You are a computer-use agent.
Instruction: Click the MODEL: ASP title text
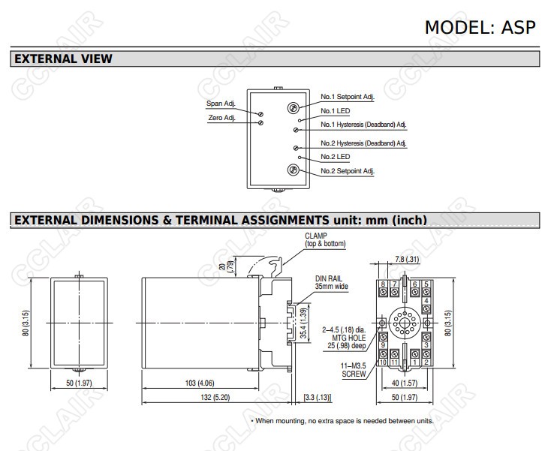click(480, 26)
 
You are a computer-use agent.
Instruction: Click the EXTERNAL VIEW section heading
click(63, 59)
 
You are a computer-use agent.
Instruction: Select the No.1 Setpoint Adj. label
click(347, 97)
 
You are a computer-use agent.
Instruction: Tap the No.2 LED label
click(335, 157)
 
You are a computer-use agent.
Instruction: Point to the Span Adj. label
click(221, 104)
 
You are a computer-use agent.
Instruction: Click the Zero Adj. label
click(221, 118)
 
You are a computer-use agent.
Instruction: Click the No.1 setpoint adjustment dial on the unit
click(294, 108)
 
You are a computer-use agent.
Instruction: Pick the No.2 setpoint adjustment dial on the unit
click(294, 170)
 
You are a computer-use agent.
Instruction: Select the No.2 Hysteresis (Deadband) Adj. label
click(363, 143)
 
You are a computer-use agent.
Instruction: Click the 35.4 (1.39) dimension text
click(303, 323)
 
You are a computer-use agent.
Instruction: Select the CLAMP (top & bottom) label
click(325, 239)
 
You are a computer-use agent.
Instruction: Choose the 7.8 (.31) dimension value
click(407, 260)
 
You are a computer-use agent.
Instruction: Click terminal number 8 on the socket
click(384, 284)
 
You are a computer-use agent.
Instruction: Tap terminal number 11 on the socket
click(395, 362)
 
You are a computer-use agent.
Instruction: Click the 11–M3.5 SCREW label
click(354, 369)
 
